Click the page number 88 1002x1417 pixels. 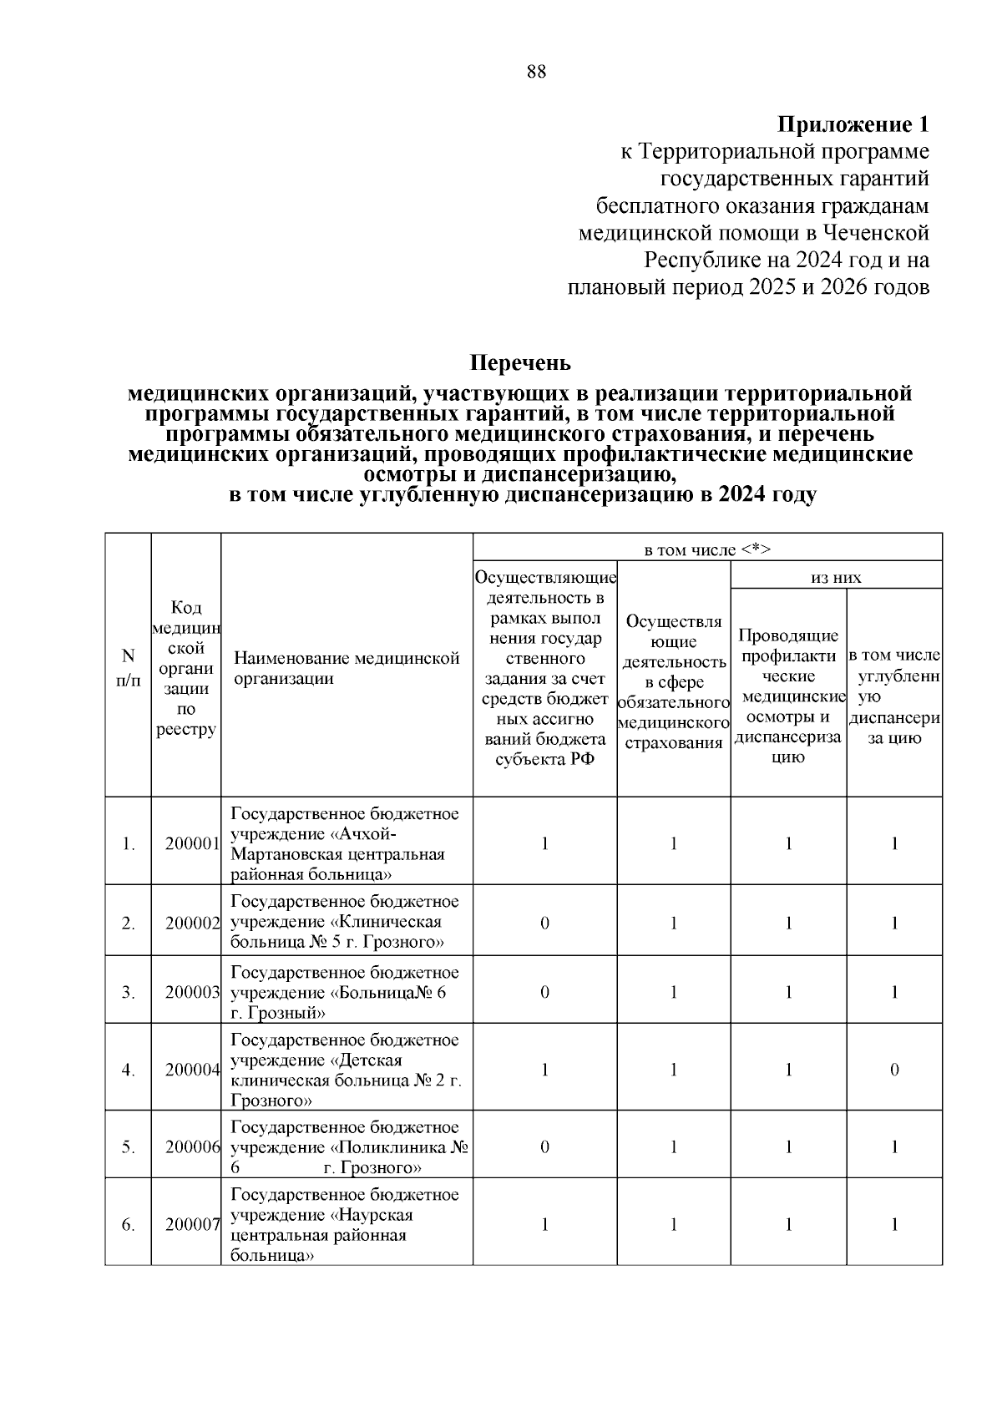pyautogui.click(x=536, y=72)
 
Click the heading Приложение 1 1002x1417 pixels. pyautogui.click(x=853, y=125)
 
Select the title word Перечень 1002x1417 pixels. pyautogui.click(x=520, y=363)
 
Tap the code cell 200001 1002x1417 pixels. pyautogui.click(x=191, y=843)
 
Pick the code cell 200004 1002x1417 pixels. pyautogui.click(x=191, y=1070)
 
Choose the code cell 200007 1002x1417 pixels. pyautogui.click(x=191, y=1224)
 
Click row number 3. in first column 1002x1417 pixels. pyautogui.click(x=128, y=992)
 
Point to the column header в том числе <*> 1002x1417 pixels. pyautogui.click(x=706, y=549)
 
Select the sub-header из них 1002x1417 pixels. pyautogui.click(x=836, y=577)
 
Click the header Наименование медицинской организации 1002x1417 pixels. pyautogui.click(x=346, y=669)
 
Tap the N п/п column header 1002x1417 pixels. pyautogui.click(x=128, y=669)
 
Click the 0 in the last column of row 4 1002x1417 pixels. pyautogui.click(x=893, y=1070)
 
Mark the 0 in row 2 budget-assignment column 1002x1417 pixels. pyautogui.click(x=544, y=923)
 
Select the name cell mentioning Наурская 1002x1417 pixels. pyautogui.click(x=346, y=1224)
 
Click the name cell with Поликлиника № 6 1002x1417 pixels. pyautogui.click(x=346, y=1147)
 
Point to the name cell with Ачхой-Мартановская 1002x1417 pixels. pyautogui.click(x=346, y=843)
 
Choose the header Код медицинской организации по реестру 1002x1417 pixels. pyautogui.click(x=185, y=669)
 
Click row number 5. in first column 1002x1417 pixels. pyautogui.click(x=128, y=1147)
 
